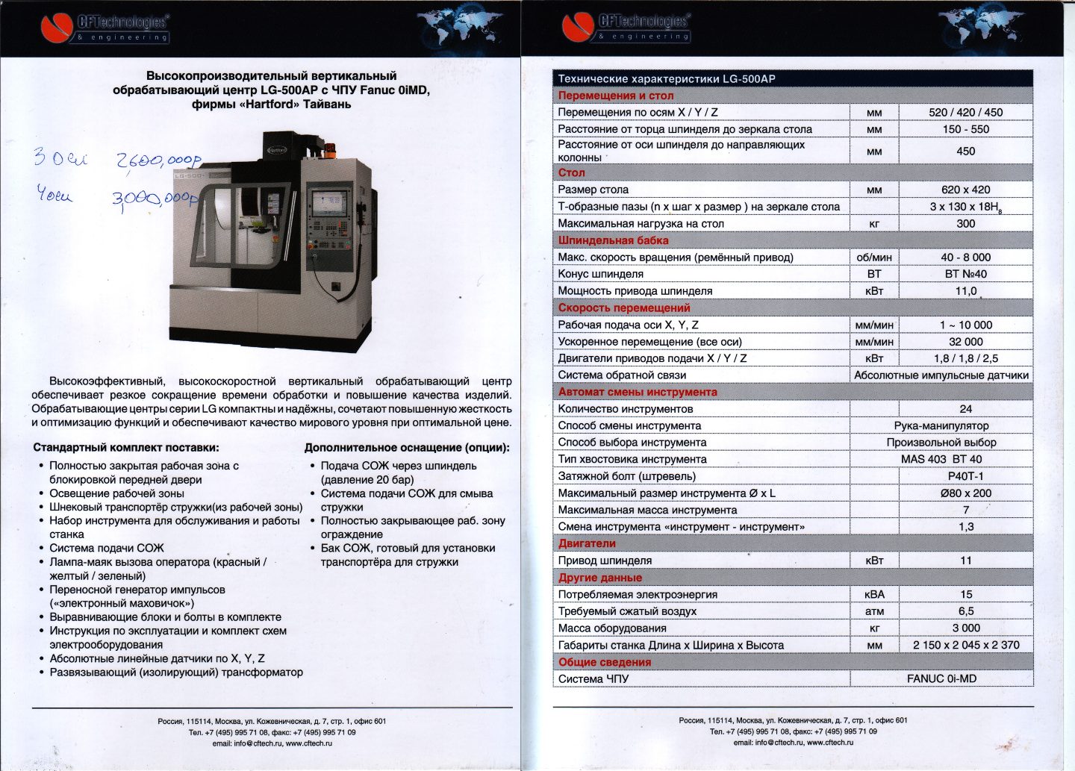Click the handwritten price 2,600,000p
coord(158,161)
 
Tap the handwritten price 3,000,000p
coord(155,198)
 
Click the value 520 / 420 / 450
coord(965,112)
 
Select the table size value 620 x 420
coord(965,190)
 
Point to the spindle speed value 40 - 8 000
coord(965,257)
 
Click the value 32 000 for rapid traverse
coord(965,341)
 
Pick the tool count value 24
coord(965,408)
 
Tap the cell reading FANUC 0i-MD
coord(941,678)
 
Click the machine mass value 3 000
coord(965,628)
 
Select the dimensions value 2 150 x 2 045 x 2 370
coord(965,645)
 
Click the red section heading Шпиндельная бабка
coord(613,240)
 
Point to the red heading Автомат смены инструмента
coord(637,392)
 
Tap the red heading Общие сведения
coord(604,662)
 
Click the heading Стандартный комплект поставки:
coord(126,448)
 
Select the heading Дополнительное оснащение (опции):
coord(407,448)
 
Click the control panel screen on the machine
coord(329,202)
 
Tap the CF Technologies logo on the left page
coord(105,28)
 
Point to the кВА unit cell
coord(874,594)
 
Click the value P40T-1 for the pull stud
coord(965,476)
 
